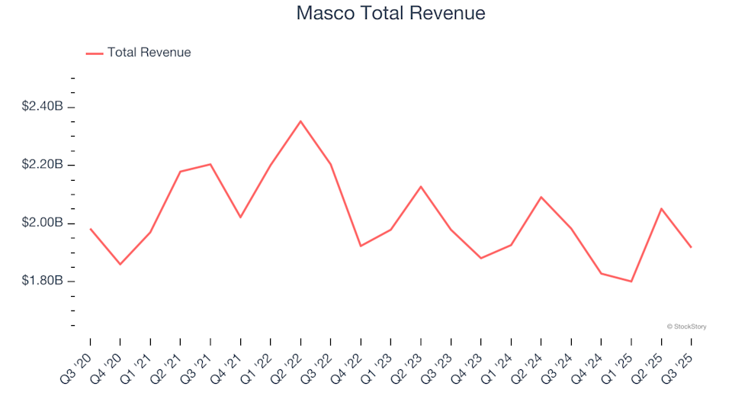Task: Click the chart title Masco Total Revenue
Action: pos(390,14)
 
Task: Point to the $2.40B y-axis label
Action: pos(42,107)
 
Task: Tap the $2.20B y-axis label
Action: pos(42,165)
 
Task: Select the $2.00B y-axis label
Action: pos(42,224)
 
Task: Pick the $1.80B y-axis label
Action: pos(42,282)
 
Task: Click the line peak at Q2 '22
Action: pos(300,121)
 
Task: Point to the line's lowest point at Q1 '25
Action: pos(631,282)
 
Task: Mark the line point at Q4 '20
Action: pos(120,265)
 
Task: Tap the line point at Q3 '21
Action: pos(210,164)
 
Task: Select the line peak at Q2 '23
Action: pos(421,186)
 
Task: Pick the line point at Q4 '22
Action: pos(361,246)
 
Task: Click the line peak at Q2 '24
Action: pos(541,197)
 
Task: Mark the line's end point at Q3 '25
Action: pos(692,247)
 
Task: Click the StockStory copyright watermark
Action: pos(686,327)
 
